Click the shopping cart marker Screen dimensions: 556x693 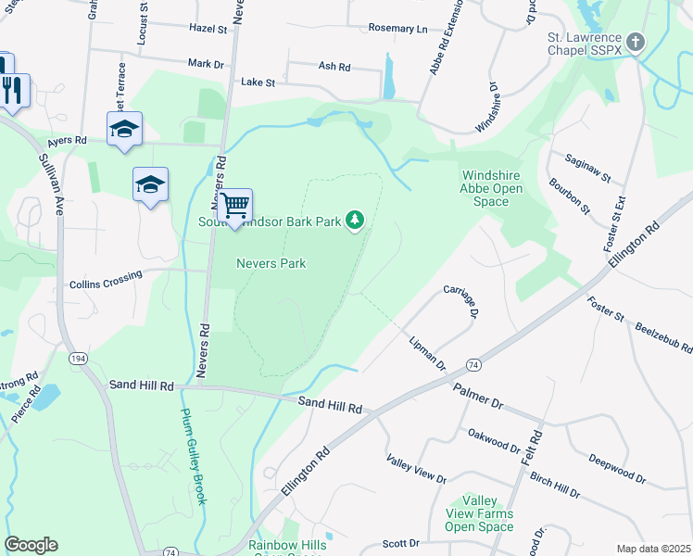pos(234,204)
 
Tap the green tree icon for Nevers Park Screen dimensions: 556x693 pos(354,220)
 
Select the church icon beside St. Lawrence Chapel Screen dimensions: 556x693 pos(636,42)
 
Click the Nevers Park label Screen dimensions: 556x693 pos(271,263)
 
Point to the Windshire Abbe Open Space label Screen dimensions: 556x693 pos(491,189)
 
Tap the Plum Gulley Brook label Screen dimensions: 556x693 pos(194,457)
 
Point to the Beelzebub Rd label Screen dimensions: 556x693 pos(664,336)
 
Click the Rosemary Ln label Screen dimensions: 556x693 pos(398,29)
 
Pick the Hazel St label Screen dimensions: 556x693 pos(208,29)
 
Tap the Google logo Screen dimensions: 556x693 pos(31,545)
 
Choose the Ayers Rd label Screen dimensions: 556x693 pos(67,141)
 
